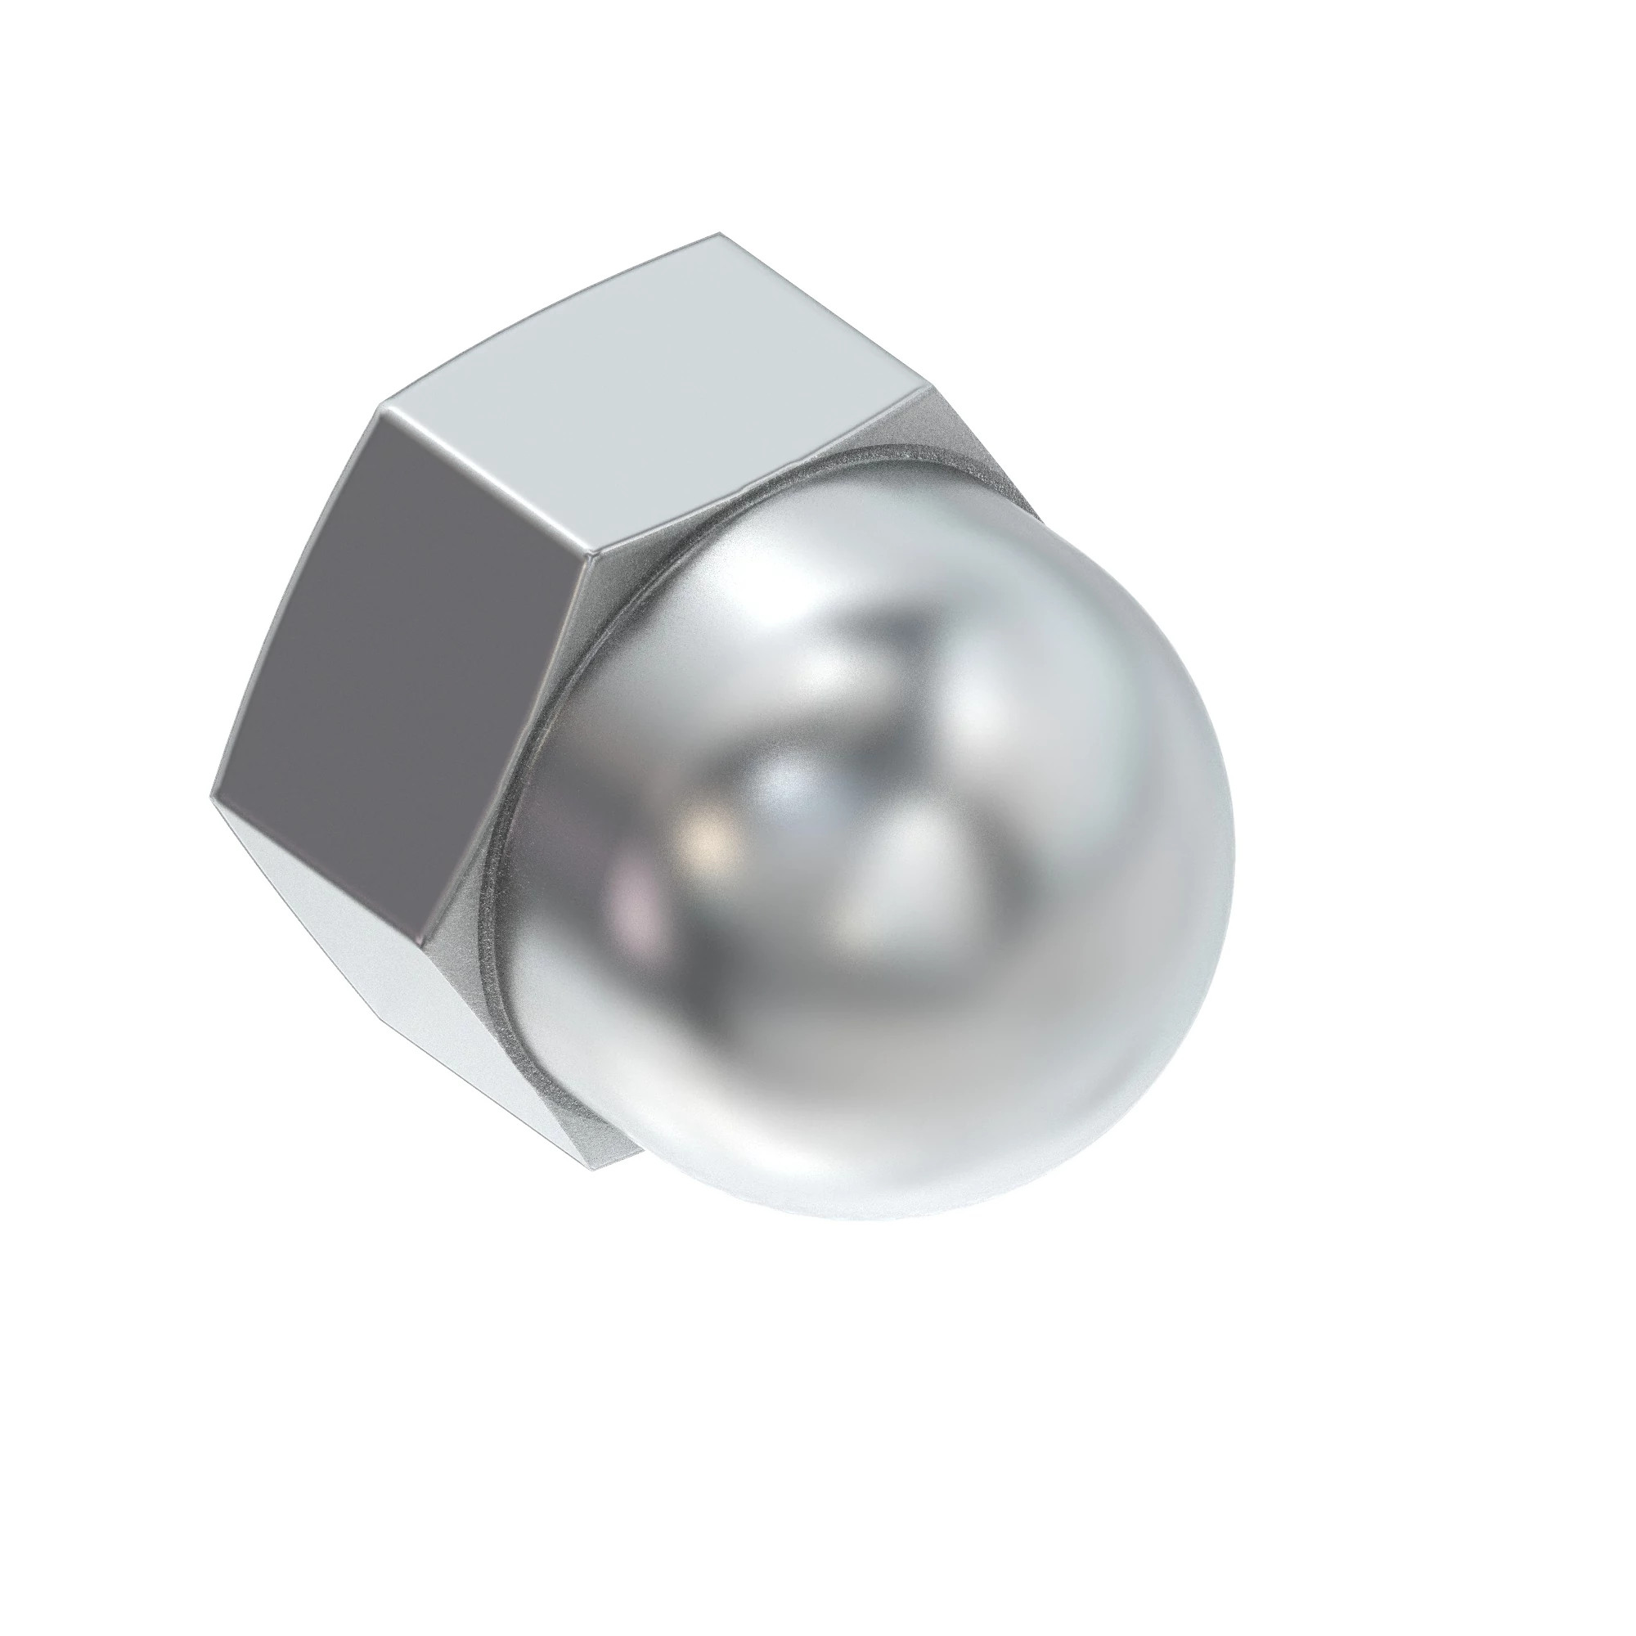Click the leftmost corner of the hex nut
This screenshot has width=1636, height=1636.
click(210, 796)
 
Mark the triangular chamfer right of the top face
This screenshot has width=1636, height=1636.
click(973, 449)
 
